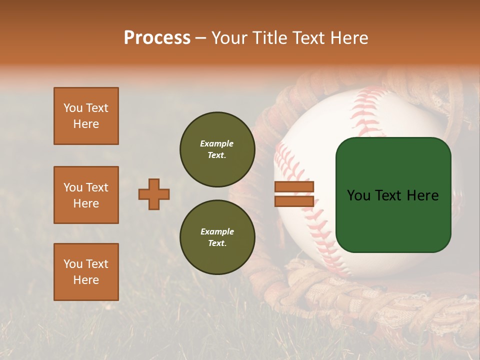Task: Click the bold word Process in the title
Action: [157, 38]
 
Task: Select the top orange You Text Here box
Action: [86, 116]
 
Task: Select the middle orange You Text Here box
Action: [86, 195]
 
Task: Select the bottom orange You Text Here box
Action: [86, 272]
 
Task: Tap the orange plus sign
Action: [154, 194]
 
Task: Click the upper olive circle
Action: [217, 149]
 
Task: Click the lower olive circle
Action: [217, 237]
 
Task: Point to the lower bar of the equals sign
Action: [294, 201]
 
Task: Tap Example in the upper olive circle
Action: [217, 143]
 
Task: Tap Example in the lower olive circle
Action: [217, 231]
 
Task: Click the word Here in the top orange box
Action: [86, 124]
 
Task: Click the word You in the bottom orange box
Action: [72, 264]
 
